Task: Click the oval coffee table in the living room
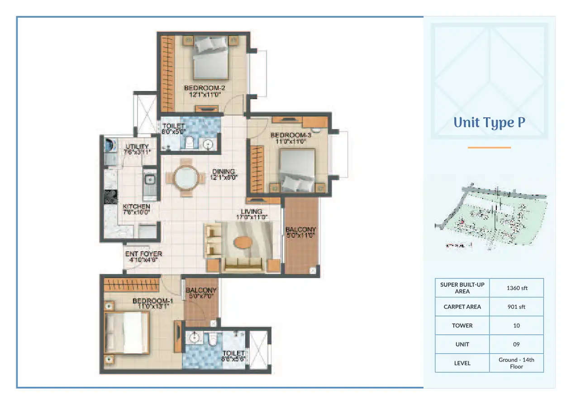click(243, 242)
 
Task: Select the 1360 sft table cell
click(516, 288)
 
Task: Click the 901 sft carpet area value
click(516, 307)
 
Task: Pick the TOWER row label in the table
click(462, 325)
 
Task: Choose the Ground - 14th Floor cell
click(516, 363)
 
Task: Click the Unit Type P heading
click(489, 123)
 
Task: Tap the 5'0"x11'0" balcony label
click(300, 232)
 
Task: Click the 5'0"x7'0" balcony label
click(201, 293)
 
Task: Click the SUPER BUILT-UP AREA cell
click(462, 288)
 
